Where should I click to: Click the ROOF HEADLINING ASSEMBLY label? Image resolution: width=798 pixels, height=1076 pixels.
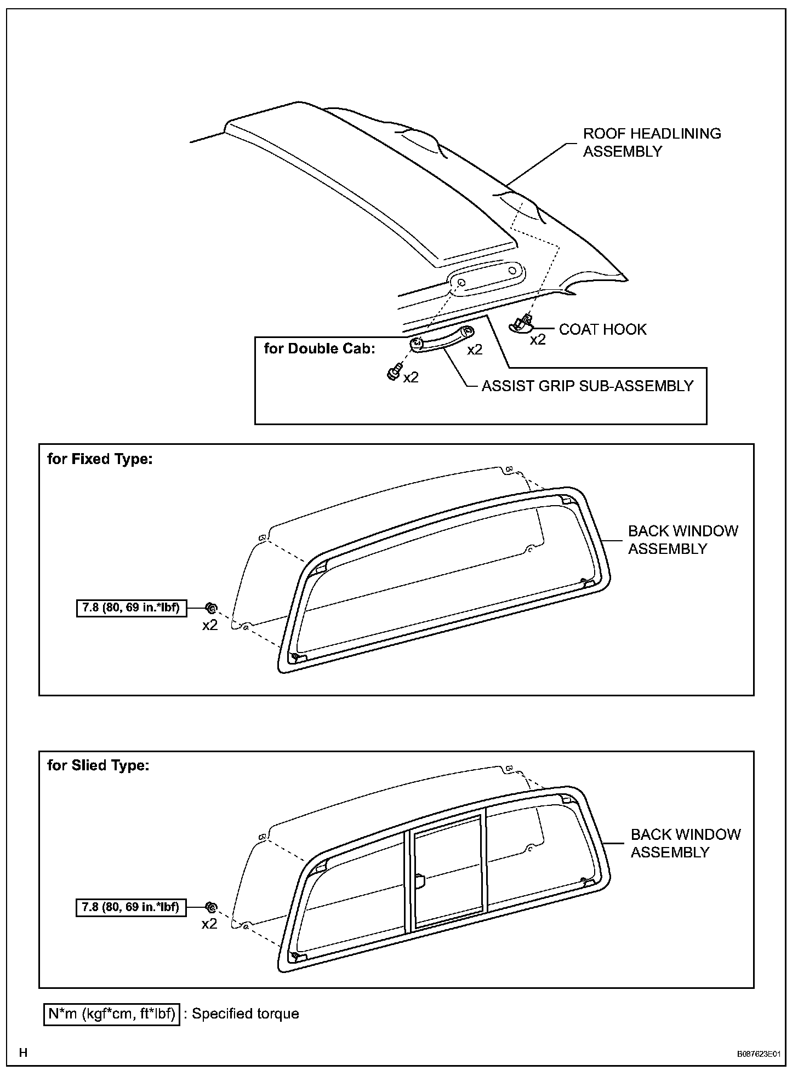point(652,142)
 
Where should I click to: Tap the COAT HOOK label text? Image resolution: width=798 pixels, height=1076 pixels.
point(602,329)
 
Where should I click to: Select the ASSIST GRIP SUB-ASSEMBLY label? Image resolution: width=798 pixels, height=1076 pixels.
point(587,386)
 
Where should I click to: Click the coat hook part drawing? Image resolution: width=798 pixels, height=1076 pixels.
point(521,324)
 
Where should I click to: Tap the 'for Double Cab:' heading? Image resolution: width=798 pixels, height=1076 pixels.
point(320,348)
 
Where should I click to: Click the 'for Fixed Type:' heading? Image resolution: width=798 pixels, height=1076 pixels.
point(100,459)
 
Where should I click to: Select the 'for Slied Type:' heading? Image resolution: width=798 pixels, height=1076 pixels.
point(98,765)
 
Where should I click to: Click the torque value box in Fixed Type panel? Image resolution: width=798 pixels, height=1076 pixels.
point(131,608)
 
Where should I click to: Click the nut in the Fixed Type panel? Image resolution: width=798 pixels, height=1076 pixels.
point(210,608)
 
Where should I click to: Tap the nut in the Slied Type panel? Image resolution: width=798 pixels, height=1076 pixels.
point(210,907)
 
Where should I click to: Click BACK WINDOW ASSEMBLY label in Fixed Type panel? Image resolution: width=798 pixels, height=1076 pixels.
point(682,540)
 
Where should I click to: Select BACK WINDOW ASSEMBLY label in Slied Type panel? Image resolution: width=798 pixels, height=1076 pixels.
point(685,843)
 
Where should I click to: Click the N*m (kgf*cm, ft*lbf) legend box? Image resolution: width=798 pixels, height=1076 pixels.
point(112,1014)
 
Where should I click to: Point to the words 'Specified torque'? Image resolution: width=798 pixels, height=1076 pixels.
point(245,1014)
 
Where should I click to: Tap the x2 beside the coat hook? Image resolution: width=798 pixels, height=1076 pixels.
point(538,340)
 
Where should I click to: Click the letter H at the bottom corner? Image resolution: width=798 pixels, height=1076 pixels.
point(23,1052)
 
